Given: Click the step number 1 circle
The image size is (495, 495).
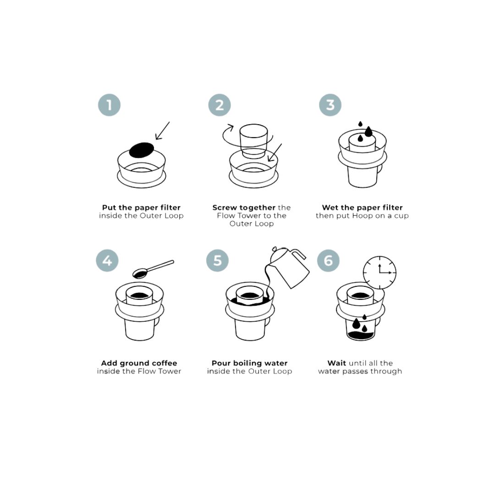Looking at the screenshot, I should click(109, 105).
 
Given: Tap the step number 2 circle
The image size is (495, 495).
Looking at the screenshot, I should click(220, 105).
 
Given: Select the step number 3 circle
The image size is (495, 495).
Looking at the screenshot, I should click(330, 105).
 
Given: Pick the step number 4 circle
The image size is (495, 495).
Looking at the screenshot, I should click(107, 261).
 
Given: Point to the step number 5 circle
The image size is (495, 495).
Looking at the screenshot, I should click(218, 261).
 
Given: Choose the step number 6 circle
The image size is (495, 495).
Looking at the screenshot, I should click(328, 261).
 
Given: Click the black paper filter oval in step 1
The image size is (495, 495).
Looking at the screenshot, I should click(142, 149).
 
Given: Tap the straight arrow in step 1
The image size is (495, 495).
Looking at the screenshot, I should click(162, 131).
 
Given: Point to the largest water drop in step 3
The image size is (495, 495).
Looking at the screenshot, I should click(368, 132).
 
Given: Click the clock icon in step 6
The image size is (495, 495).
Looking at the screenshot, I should click(379, 273).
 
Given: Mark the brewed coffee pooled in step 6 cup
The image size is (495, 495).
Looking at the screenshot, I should click(361, 336).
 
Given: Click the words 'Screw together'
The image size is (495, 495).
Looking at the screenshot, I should click(244, 208).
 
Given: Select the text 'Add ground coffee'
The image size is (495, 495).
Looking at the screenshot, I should click(139, 363).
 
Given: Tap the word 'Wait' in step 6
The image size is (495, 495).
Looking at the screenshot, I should click(337, 363).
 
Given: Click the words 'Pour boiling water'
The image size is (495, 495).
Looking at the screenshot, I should click(249, 363).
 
